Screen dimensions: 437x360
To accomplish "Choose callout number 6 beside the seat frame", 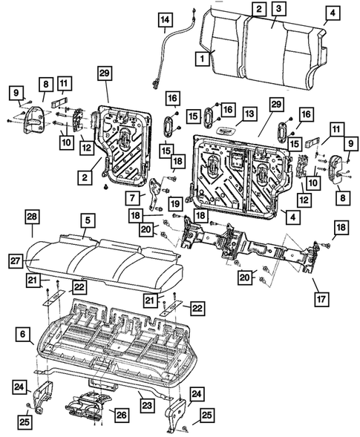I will pos(23,335).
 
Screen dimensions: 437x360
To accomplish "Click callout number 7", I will pos(133,198).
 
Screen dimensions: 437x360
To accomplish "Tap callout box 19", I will pos(175,203).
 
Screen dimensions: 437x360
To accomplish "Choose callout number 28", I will pos(31,216).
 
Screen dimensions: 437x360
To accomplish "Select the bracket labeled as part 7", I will pos(155,191).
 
